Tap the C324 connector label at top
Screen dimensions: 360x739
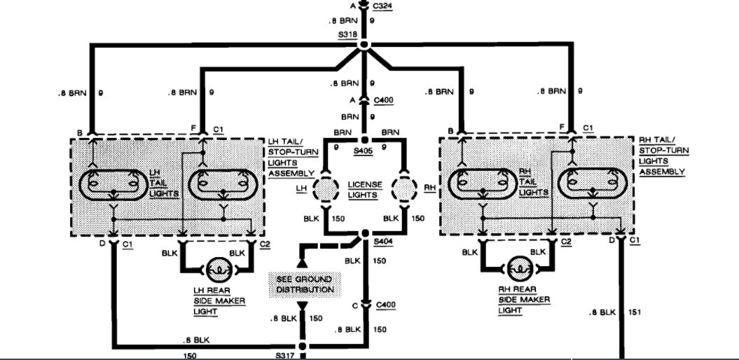click(x=383, y=6)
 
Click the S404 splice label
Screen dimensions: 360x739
click(x=384, y=241)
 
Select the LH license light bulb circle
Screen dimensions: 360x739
click(x=325, y=188)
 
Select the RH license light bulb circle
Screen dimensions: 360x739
click(x=405, y=188)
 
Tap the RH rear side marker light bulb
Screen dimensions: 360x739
click(x=519, y=268)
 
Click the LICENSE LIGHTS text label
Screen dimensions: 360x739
click(x=365, y=189)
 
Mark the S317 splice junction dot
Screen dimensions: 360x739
click(x=303, y=346)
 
